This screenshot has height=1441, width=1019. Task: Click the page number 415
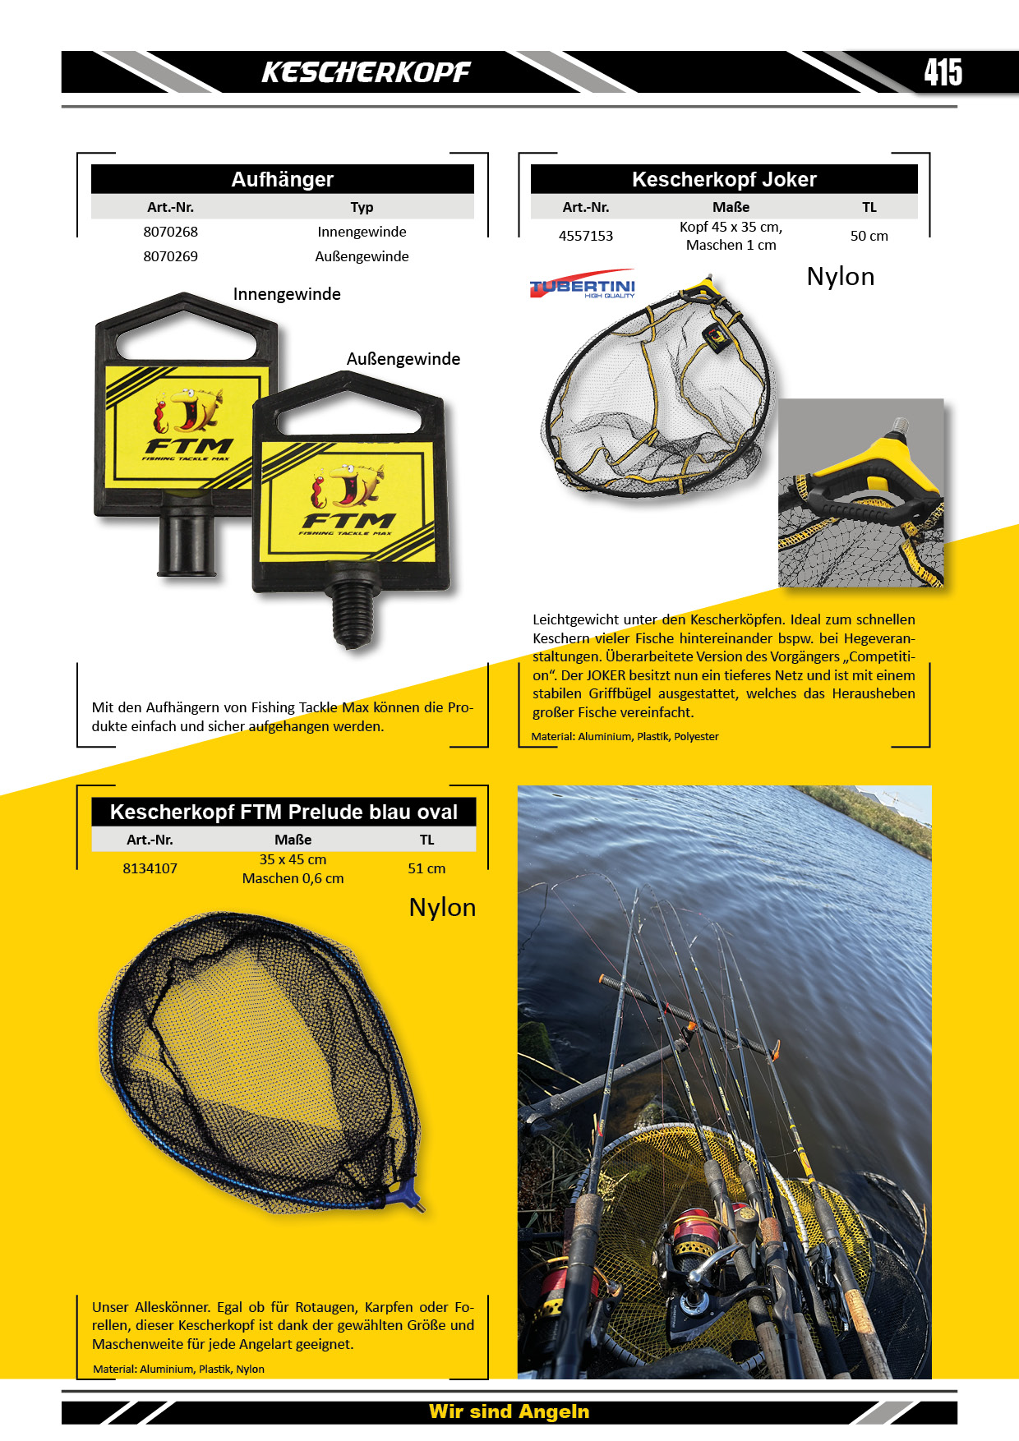click(943, 72)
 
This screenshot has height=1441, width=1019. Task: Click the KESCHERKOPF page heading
click(366, 72)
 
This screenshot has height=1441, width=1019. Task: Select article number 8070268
click(170, 232)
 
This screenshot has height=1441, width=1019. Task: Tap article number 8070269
click(170, 256)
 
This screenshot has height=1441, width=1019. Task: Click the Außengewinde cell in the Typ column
click(362, 256)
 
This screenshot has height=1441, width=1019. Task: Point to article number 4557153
click(586, 236)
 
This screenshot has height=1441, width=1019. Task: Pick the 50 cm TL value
click(869, 236)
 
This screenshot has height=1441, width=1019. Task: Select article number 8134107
click(150, 868)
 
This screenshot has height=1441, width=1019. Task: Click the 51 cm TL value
click(427, 868)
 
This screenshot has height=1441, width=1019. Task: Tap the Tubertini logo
click(583, 284)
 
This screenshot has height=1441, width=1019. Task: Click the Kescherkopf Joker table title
click(724, 179)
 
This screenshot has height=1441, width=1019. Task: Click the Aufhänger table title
click(283, 179)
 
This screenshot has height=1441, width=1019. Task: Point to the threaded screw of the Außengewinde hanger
click(355, 613)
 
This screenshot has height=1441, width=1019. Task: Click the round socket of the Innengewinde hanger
click(187, 535)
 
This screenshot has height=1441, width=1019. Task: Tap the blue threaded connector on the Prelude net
click(410, 1196)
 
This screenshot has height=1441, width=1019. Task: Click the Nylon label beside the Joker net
click(840, 277)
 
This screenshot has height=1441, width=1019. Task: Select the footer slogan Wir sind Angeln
click(509, 1411)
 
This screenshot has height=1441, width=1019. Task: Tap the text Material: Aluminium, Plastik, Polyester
click(625, 737)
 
